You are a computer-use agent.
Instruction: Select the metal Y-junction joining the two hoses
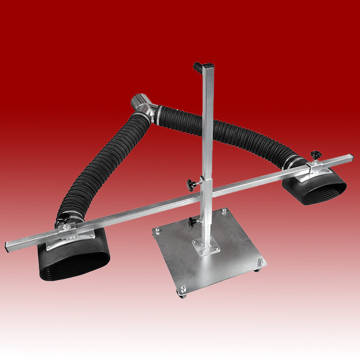click(x=141, y=107)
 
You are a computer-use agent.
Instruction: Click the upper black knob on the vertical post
click(x=190, y=184)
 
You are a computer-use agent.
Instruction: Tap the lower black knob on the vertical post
click(x=192, y=221)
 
